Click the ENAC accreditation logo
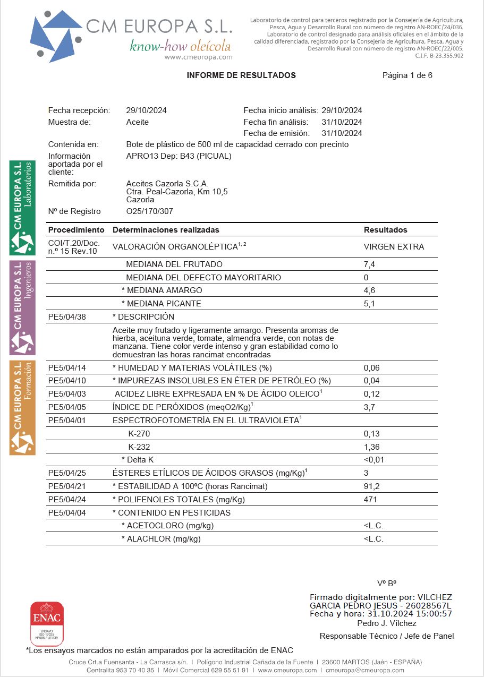tap(47, 622)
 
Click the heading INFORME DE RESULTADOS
tap(241, 75)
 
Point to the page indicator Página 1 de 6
tap(407, 75)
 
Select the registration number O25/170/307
tap(149, 211)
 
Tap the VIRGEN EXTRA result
tap(394, 247)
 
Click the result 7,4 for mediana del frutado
tap(369, 264)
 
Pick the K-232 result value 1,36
tap(371, 447)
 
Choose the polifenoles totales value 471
tap(370, 500)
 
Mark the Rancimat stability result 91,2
tap(371, 486)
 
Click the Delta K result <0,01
tap(373, 460)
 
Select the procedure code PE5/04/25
tap(67, 473)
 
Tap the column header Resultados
tap(385, 230)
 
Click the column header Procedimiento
tap(76, 230)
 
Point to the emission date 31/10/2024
tap(342, 133)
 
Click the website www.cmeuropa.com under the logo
tap(198, 57)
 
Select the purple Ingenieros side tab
tap(23, 308)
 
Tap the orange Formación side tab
tap(23, 408)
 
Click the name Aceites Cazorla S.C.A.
tap(167, 184)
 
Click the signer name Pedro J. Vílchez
tap(387, 623)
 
